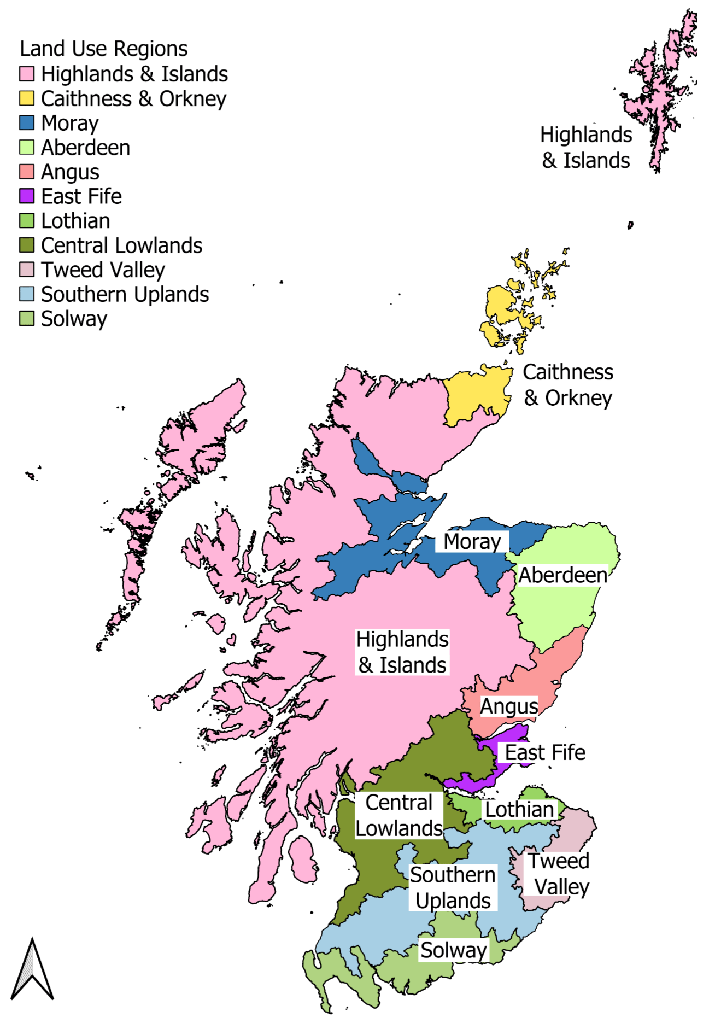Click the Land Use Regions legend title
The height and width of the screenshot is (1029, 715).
click(103, 49)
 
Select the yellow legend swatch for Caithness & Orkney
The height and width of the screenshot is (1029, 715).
click(27, 98)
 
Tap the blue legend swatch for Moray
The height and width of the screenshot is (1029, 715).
click(27, 122)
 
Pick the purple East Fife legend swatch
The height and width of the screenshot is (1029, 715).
click(27, 196)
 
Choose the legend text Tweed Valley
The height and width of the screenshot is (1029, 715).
click(103, 270)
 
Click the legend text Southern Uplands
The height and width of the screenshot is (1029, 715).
click(125, 294)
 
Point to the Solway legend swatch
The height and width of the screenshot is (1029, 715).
click(27, 318)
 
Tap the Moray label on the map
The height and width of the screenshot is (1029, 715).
click(472, 541)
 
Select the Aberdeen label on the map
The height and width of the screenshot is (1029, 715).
click(562, 575)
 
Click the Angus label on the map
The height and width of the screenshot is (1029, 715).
click(509, 706)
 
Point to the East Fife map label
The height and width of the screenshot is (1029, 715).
click(544, 752)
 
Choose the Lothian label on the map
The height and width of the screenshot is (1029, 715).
click(519, 809)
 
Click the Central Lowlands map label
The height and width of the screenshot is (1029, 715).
click(399, 815)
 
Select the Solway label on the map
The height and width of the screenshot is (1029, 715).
click(453, 950)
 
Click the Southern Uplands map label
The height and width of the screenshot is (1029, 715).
click(453, 887)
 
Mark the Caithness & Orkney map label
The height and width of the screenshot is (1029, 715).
click(568, 385)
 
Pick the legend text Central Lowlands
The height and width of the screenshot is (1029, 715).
click(121, 245)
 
